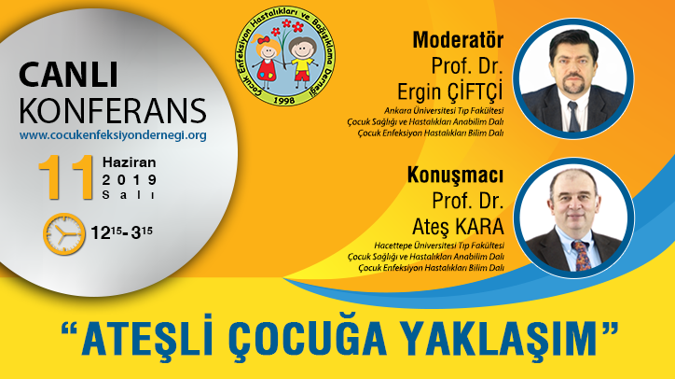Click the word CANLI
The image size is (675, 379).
(68, 75)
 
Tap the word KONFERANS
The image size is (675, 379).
(113, 111)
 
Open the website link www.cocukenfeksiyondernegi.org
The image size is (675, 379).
(113, 135)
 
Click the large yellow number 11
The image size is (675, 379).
(66, 177)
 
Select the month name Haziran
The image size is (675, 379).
(130, 162)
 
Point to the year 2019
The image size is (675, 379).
(130, 180)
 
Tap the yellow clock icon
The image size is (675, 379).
(63, 233)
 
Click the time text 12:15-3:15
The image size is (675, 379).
(121, 232)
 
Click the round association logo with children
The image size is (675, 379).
(285, 56)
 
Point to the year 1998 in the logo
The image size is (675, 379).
(284, 100)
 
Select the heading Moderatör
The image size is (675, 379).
(458, 40)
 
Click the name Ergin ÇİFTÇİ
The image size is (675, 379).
(450, 91)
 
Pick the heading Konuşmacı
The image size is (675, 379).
(456, 175)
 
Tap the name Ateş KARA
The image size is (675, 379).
(458, 226)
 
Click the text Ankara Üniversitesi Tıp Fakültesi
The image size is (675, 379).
(444, 111)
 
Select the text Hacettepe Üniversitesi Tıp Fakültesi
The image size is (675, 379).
(439, 246)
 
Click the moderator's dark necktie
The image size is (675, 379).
(573, 117)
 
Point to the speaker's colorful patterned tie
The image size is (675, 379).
(582, 256)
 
